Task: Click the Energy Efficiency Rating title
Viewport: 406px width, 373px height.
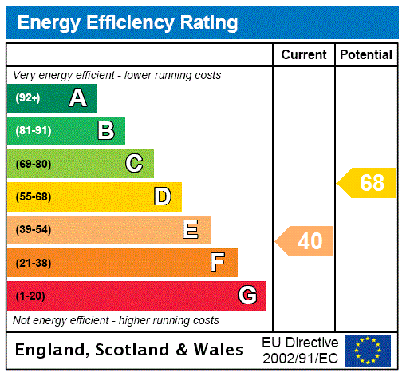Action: coord(128,23)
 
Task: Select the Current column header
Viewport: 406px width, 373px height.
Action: coord(304,55)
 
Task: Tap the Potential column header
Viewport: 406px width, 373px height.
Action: coord(366,55)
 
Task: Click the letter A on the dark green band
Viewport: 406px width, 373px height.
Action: coord(77,98)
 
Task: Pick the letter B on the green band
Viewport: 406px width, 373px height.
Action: coord(105,131)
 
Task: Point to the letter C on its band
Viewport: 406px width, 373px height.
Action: coord(134,164)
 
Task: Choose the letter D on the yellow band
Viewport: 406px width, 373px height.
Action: coord(162,196)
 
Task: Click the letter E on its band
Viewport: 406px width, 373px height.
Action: coord(191,230)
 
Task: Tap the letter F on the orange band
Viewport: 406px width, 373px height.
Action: coord(218,262)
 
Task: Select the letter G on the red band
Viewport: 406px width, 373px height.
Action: coord(247,296)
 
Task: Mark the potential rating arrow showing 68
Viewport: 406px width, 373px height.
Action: coord(368,183)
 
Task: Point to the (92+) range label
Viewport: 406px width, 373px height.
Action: coord(28,99)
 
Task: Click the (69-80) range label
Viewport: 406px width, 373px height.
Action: coord(34,165)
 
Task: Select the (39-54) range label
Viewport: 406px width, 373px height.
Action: coord(34,230)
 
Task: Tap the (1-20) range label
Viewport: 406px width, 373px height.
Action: coord(30,296)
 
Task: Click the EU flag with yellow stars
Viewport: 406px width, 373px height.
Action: coord(368,350)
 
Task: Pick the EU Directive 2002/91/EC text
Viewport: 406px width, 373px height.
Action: coord(300,350)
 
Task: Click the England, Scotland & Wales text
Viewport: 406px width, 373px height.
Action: coord(130,350)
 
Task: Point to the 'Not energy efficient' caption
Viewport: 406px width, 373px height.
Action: coord(116,320)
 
